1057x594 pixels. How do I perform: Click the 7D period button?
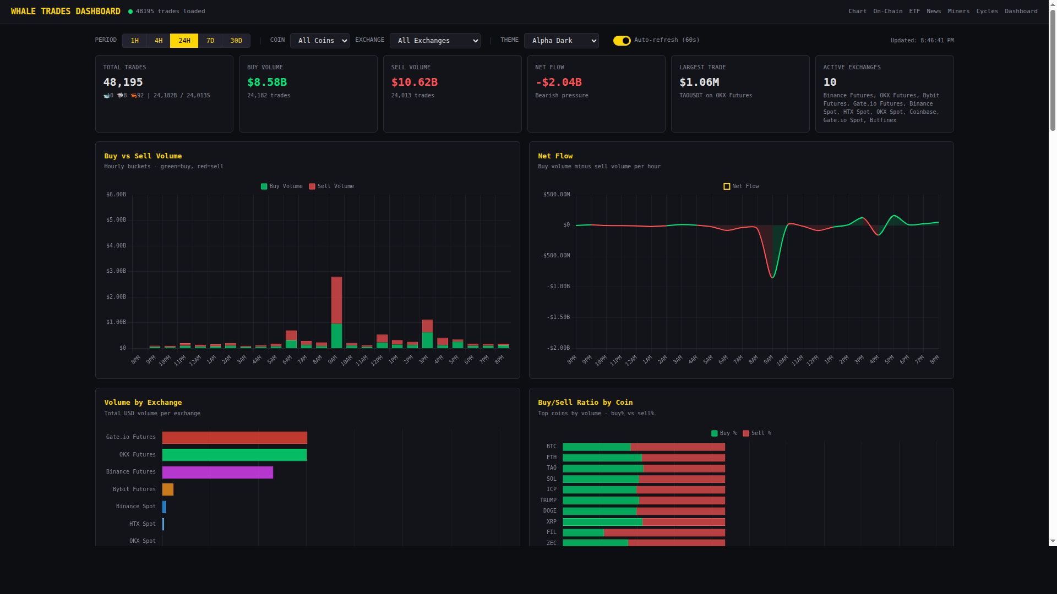click(x=210, y=41)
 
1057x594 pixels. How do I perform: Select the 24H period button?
click(x=184, y=41)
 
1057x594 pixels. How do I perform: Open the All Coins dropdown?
click(x=319, y=41)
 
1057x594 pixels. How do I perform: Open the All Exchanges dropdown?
click(x=435, y=41)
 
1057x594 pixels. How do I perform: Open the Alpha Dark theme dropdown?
click(x=561, y=41)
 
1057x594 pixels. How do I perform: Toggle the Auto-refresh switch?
click(x=622, y=41)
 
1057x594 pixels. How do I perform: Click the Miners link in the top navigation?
click(x=958, y=11)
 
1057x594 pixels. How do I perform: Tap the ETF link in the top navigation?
click(x=914, y=11)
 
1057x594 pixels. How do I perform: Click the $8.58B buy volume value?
click(x=267, y=82)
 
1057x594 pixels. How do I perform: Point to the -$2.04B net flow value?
click(x=558, y=82)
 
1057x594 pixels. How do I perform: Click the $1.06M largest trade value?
click(x=699, y=82)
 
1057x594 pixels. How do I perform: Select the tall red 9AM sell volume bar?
click(x=336, y=300)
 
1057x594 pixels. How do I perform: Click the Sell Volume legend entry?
click(x=331, y=186)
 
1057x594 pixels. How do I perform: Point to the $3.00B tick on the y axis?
click(x=116, y=271)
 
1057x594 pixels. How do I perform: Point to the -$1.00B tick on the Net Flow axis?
click(x=558, y=287)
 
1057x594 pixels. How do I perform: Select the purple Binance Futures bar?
click(x=217, y=472)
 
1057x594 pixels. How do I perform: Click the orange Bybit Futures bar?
click(x=168, y=490)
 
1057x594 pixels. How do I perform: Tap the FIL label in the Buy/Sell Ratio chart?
click(x=551, y=532)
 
